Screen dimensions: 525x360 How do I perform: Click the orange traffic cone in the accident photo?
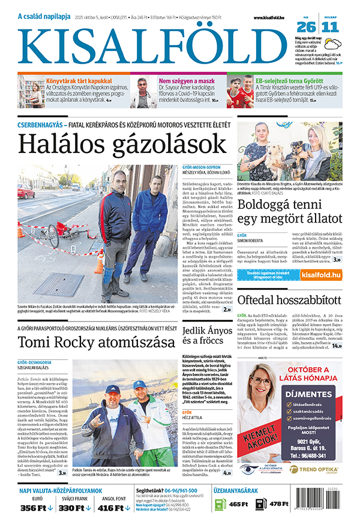[99, 263]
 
